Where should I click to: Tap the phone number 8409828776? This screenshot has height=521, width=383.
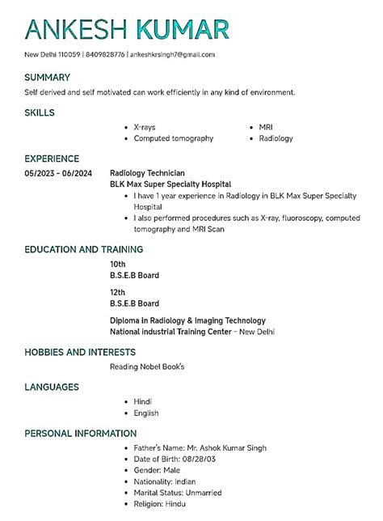click(x=107, y=54)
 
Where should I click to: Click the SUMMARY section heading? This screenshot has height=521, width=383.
click(x=47, y=78)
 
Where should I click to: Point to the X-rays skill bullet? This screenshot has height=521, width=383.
click(x=145, y=128)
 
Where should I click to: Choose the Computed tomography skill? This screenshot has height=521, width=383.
click(x=174, y=138)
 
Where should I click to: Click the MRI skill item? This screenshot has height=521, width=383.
click(x=266, y=128)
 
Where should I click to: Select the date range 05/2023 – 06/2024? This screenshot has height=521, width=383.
click(x=58, y=173)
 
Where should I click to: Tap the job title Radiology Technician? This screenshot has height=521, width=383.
click(x=147, y=173)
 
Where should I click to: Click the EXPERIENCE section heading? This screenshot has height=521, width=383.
click(x=52, y=159)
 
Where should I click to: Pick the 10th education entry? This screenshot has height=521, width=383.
click(x=118, y=264)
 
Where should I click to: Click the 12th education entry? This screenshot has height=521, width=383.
click(x=118, y=292)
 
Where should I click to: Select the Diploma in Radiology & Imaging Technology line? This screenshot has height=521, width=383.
click(x=187, y=320)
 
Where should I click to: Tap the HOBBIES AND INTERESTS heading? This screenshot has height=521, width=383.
click(x=80, y=353)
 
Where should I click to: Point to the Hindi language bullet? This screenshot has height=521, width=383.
click(x=143, y=401)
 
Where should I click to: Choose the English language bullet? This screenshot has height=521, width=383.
click(x=146, y=413)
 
